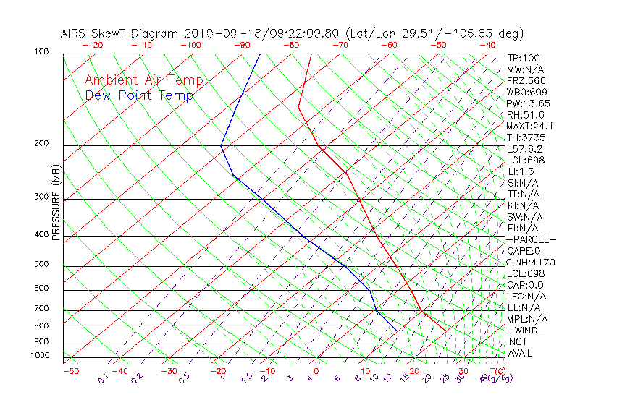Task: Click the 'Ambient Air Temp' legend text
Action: pos(144,80)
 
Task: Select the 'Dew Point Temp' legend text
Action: pos(139,95)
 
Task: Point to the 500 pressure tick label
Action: pos(42,264)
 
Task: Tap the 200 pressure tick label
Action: pos(42,144)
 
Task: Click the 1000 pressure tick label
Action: pos(40,356)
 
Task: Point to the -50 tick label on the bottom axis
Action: pos(70,371)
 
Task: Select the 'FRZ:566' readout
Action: pos(526,80)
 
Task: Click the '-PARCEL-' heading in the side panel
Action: pos(532,239)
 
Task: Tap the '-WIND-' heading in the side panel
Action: pos(526,330)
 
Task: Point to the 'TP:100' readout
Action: pos(524,58)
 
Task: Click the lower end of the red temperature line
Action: pos(445,328)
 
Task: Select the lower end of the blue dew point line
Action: pos(396,329)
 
